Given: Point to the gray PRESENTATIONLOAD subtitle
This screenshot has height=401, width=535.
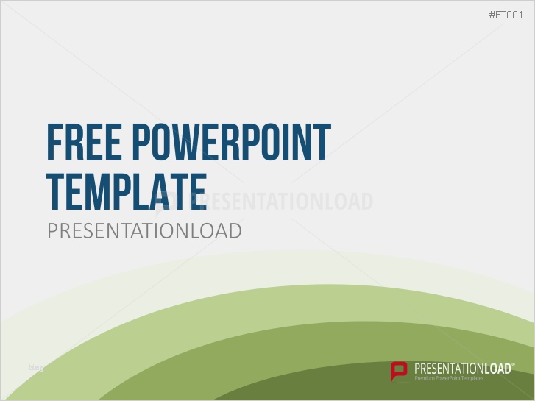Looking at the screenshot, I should coord(144,230).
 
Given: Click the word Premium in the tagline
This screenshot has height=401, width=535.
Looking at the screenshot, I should coord(426,378).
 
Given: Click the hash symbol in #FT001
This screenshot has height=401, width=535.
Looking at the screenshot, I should coord(492,15).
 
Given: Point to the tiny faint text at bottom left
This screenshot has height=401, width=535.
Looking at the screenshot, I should coord(36,367).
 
